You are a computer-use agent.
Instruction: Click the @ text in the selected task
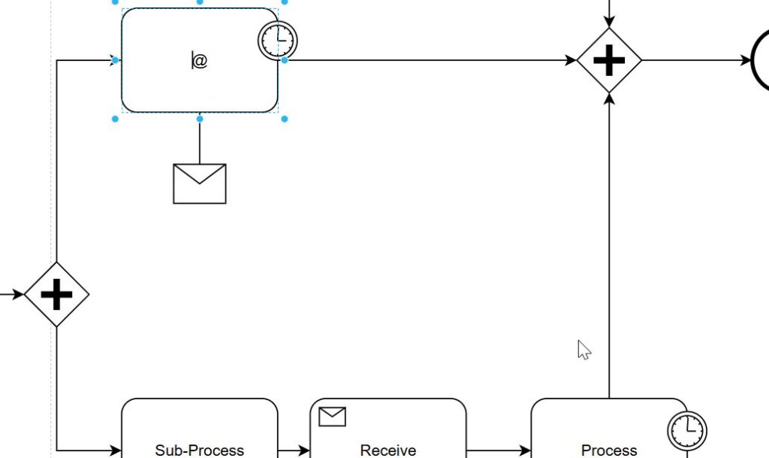point(200,61)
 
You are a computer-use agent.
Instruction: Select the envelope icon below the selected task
point(200,184)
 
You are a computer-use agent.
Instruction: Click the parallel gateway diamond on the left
point(56,294)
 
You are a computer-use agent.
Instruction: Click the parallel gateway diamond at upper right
point(609,61)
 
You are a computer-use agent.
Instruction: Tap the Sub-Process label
point(200,450)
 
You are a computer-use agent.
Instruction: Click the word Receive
point(388,450)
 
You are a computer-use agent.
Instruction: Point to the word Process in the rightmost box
point(609,450)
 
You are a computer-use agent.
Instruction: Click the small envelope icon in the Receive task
point(332,416)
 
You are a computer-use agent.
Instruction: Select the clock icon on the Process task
point(687,430)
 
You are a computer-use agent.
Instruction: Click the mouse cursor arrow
point(584,349)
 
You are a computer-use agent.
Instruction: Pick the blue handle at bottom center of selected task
point(200,118)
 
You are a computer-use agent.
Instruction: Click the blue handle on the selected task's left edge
point(115,59)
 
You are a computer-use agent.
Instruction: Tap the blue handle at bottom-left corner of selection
point(115,118)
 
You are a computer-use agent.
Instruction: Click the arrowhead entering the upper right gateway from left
point(572,61)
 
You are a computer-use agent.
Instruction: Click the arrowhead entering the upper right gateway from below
point(609,99)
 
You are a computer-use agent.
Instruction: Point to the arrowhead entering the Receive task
point(304,450)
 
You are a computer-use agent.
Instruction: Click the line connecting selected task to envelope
point(200,141)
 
